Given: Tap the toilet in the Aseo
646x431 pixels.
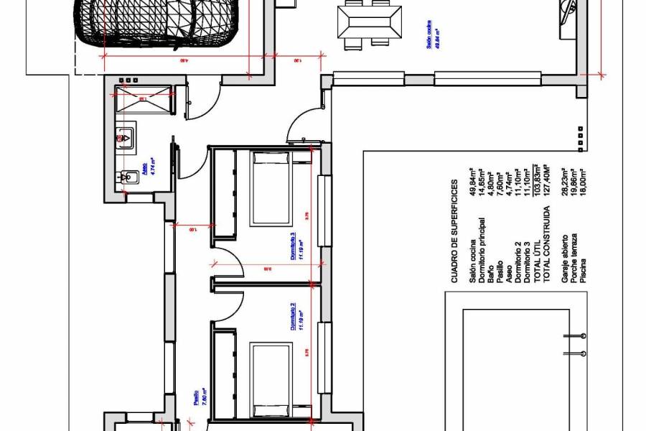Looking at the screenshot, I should point(130,177).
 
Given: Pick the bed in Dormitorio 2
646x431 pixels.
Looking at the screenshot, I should point(269,379).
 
